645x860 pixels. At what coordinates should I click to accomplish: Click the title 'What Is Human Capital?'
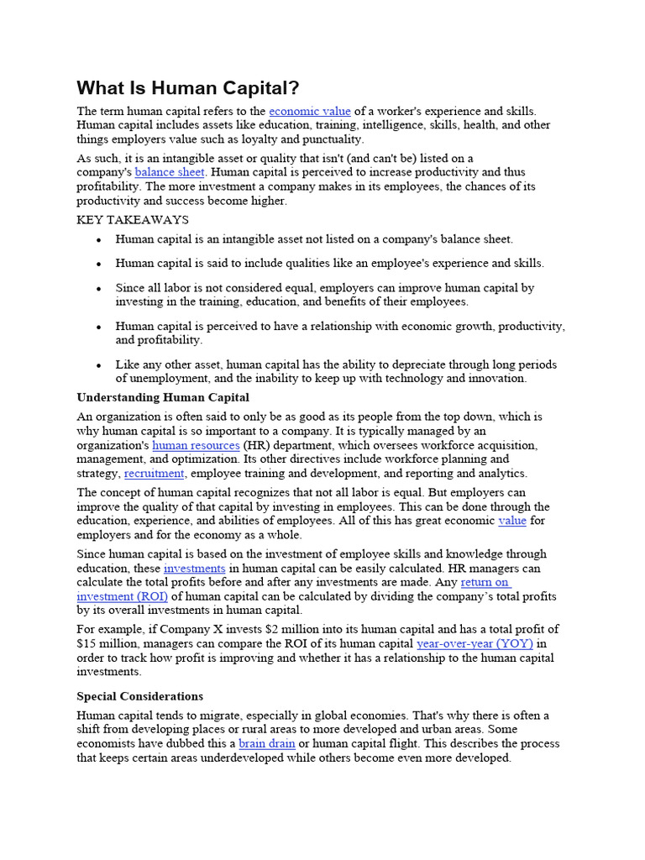click(x=188, y=88)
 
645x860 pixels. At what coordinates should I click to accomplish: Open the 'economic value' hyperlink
click(x=310, y=111)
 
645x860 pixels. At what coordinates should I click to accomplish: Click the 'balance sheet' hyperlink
click(x=170, y=172)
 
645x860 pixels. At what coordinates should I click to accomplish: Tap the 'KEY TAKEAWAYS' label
click(x=133, y=220)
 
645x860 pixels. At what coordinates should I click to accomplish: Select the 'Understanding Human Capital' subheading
click(x=163, y=397)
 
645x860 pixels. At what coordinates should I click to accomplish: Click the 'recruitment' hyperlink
click(x=154, y=473)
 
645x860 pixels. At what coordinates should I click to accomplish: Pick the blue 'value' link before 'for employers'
click(x=511, y=521)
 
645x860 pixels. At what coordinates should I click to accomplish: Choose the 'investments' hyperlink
click(x=194, y=569)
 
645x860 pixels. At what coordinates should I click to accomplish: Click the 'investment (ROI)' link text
click(x=123, y=596)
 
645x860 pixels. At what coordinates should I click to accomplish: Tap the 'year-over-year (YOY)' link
click(x=475, y=644)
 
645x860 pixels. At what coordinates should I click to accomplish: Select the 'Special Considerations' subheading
click(x=140, y=696)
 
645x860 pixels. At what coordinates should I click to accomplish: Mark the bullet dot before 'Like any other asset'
click(x=98, y=365)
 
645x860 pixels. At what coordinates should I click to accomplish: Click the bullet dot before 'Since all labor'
click(x=98, y=288)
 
